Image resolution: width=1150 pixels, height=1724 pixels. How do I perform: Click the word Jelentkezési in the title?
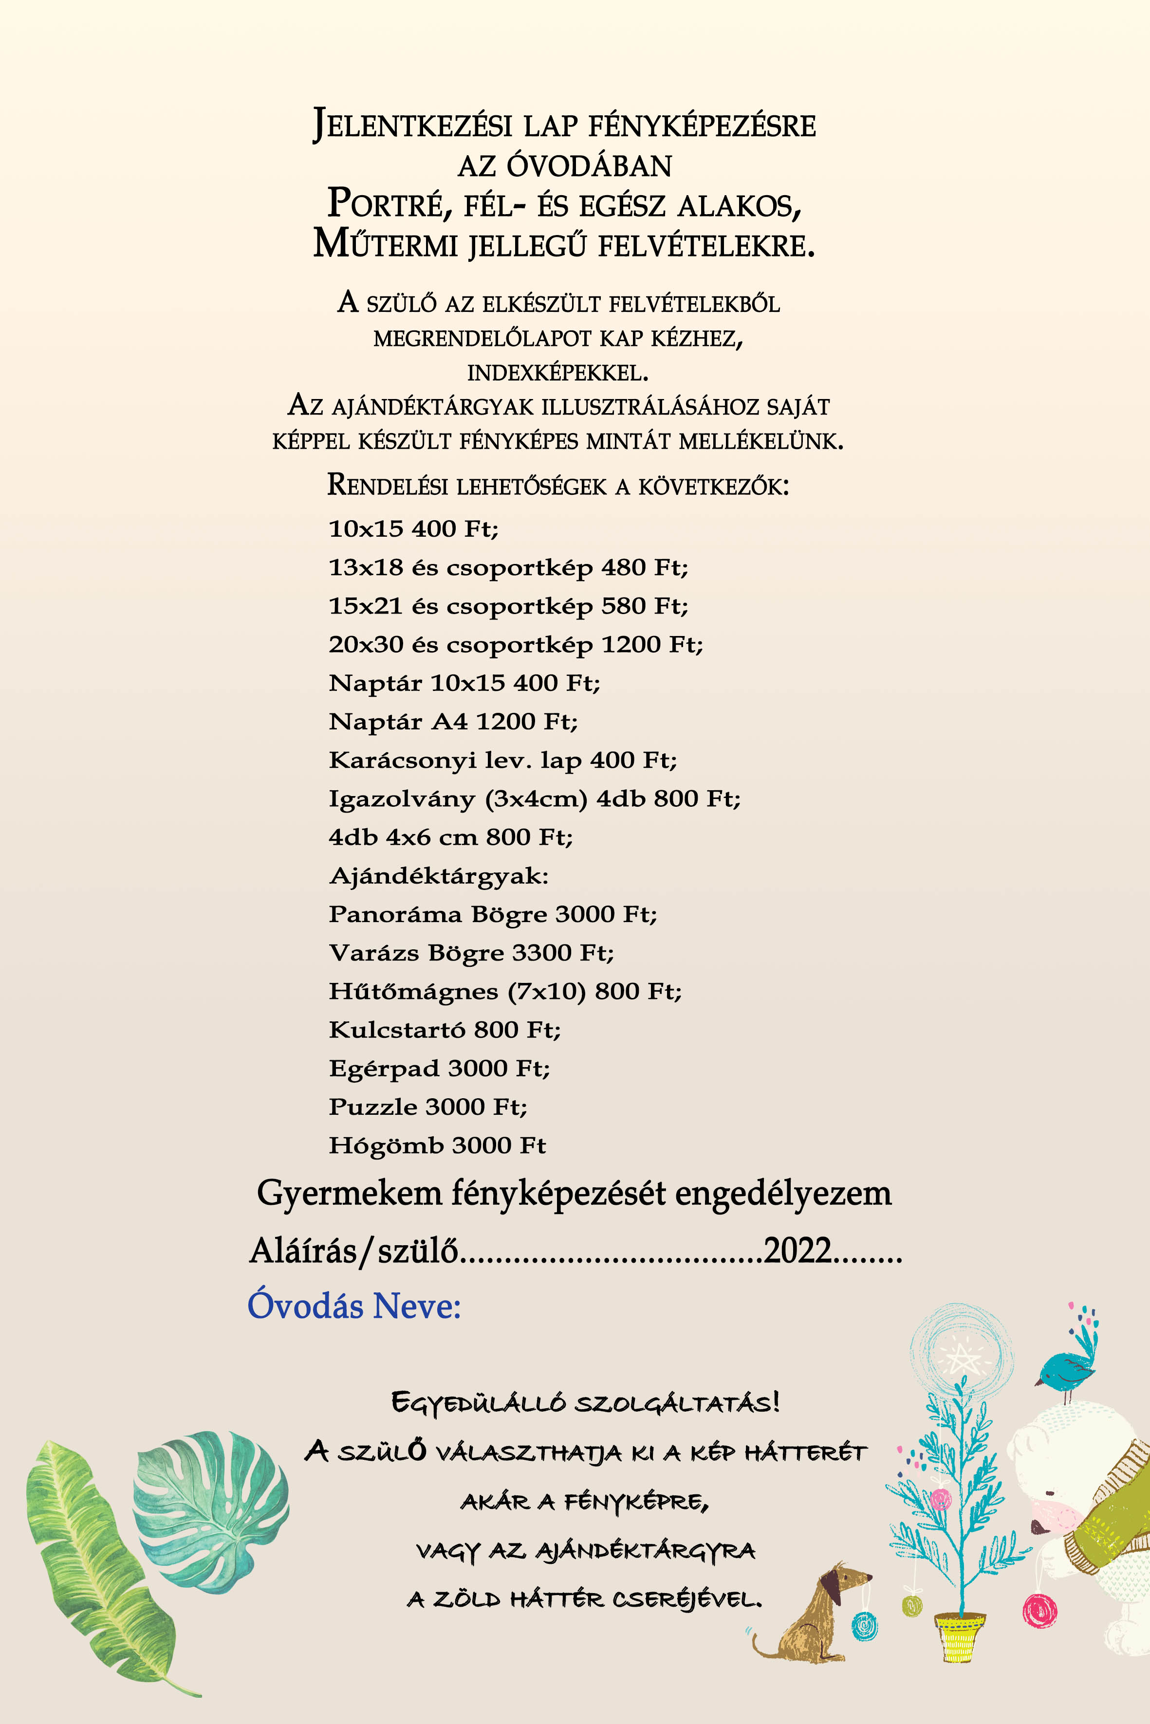(x=411, y=126)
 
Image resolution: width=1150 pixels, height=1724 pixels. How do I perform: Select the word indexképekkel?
(x=558, y=373)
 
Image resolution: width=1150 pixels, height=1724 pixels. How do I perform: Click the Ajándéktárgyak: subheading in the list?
(x=439, y=876)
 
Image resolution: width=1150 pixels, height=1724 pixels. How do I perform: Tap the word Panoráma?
(x=395, y=914)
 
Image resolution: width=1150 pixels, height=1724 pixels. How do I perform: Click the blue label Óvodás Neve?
(x=354, y=1306)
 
